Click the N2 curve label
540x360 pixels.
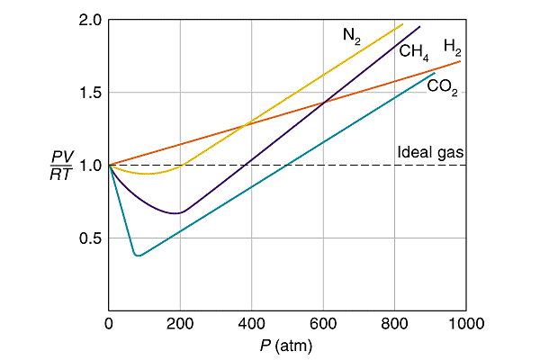point(352,36)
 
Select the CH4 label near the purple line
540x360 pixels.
point(414,51)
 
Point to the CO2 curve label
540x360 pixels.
point(441,87)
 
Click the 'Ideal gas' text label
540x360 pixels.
point(429,152)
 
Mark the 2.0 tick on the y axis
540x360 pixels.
point(89,20)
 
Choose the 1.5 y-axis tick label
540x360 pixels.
point(89,93)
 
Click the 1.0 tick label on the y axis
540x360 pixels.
point(89,166)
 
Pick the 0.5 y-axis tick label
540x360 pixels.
point(89,238)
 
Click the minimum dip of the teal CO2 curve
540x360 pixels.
point(137,256)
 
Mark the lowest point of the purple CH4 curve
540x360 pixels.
point(176,213)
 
